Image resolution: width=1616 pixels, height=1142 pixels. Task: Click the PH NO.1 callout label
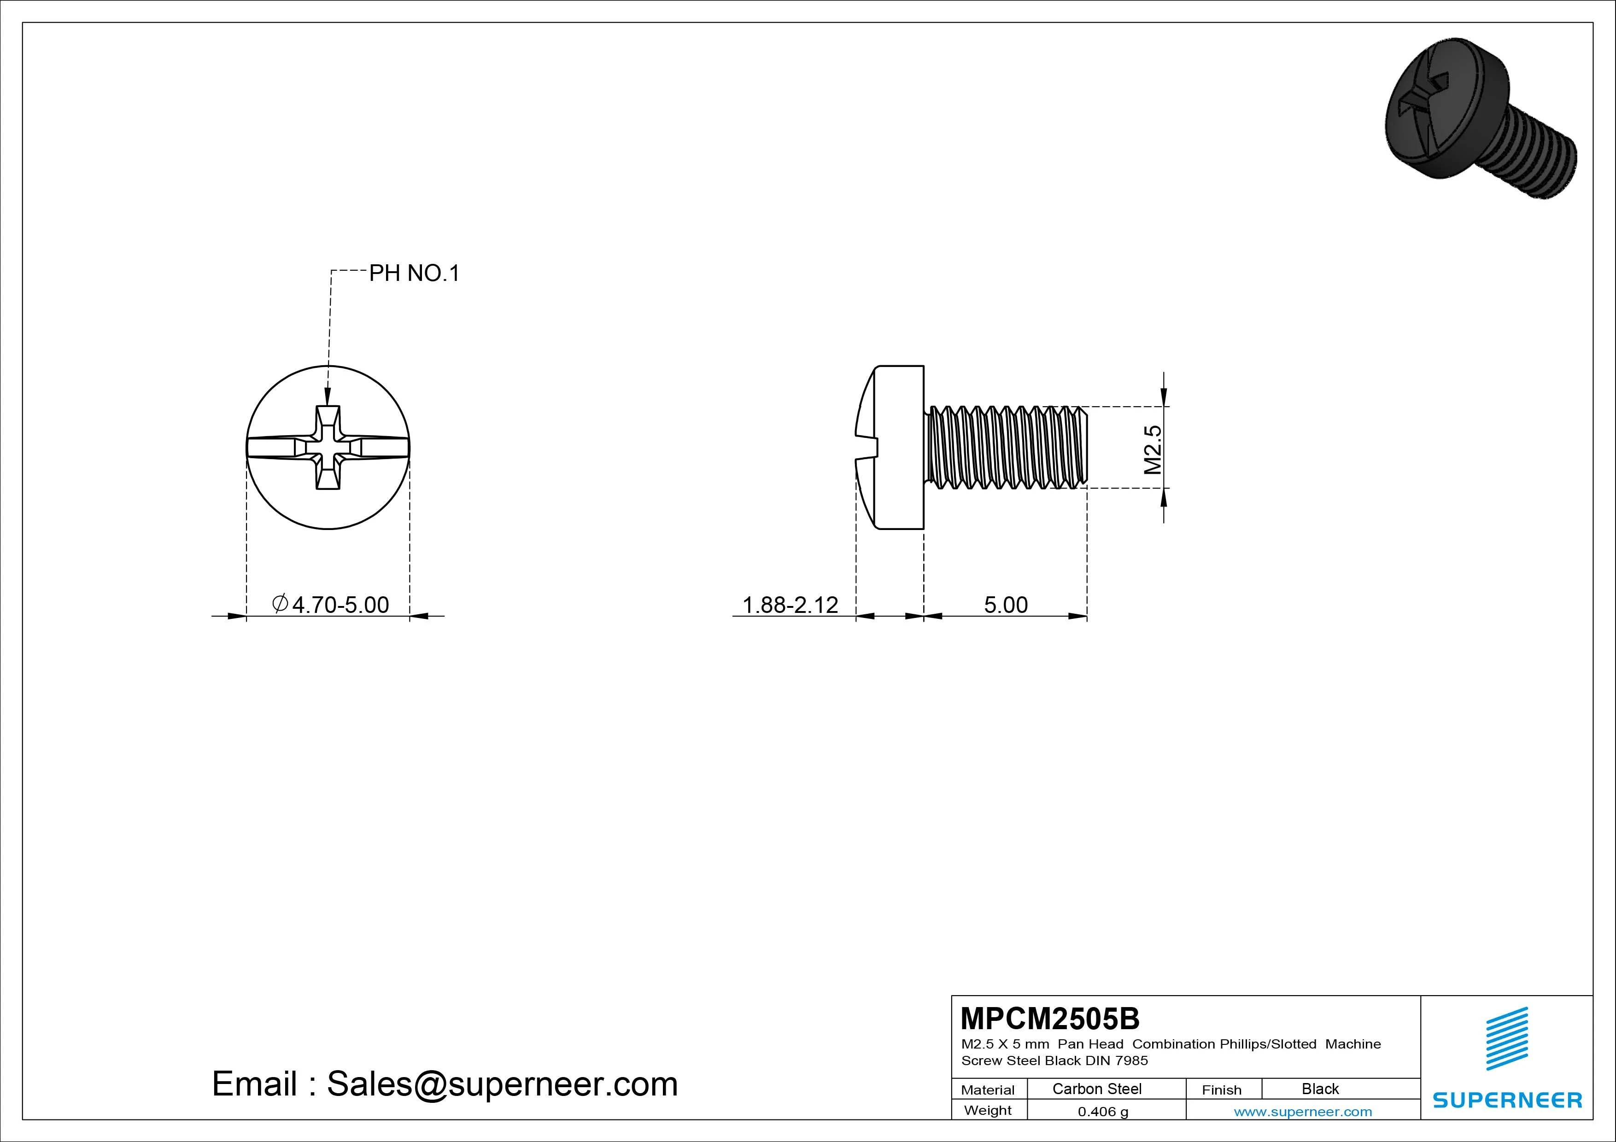coord(415,273)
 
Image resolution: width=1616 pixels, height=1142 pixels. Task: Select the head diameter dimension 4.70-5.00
coord(330,605)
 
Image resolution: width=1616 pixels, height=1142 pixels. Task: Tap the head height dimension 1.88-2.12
coord(790,605)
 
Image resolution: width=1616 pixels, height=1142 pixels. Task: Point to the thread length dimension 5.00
coord(1006,605)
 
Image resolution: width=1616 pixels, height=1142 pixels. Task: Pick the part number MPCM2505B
coord(1049,1018)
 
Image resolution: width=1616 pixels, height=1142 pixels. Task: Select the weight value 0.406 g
coord(1103,1112)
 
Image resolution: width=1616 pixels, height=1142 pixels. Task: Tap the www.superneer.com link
coord(1303,1112)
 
